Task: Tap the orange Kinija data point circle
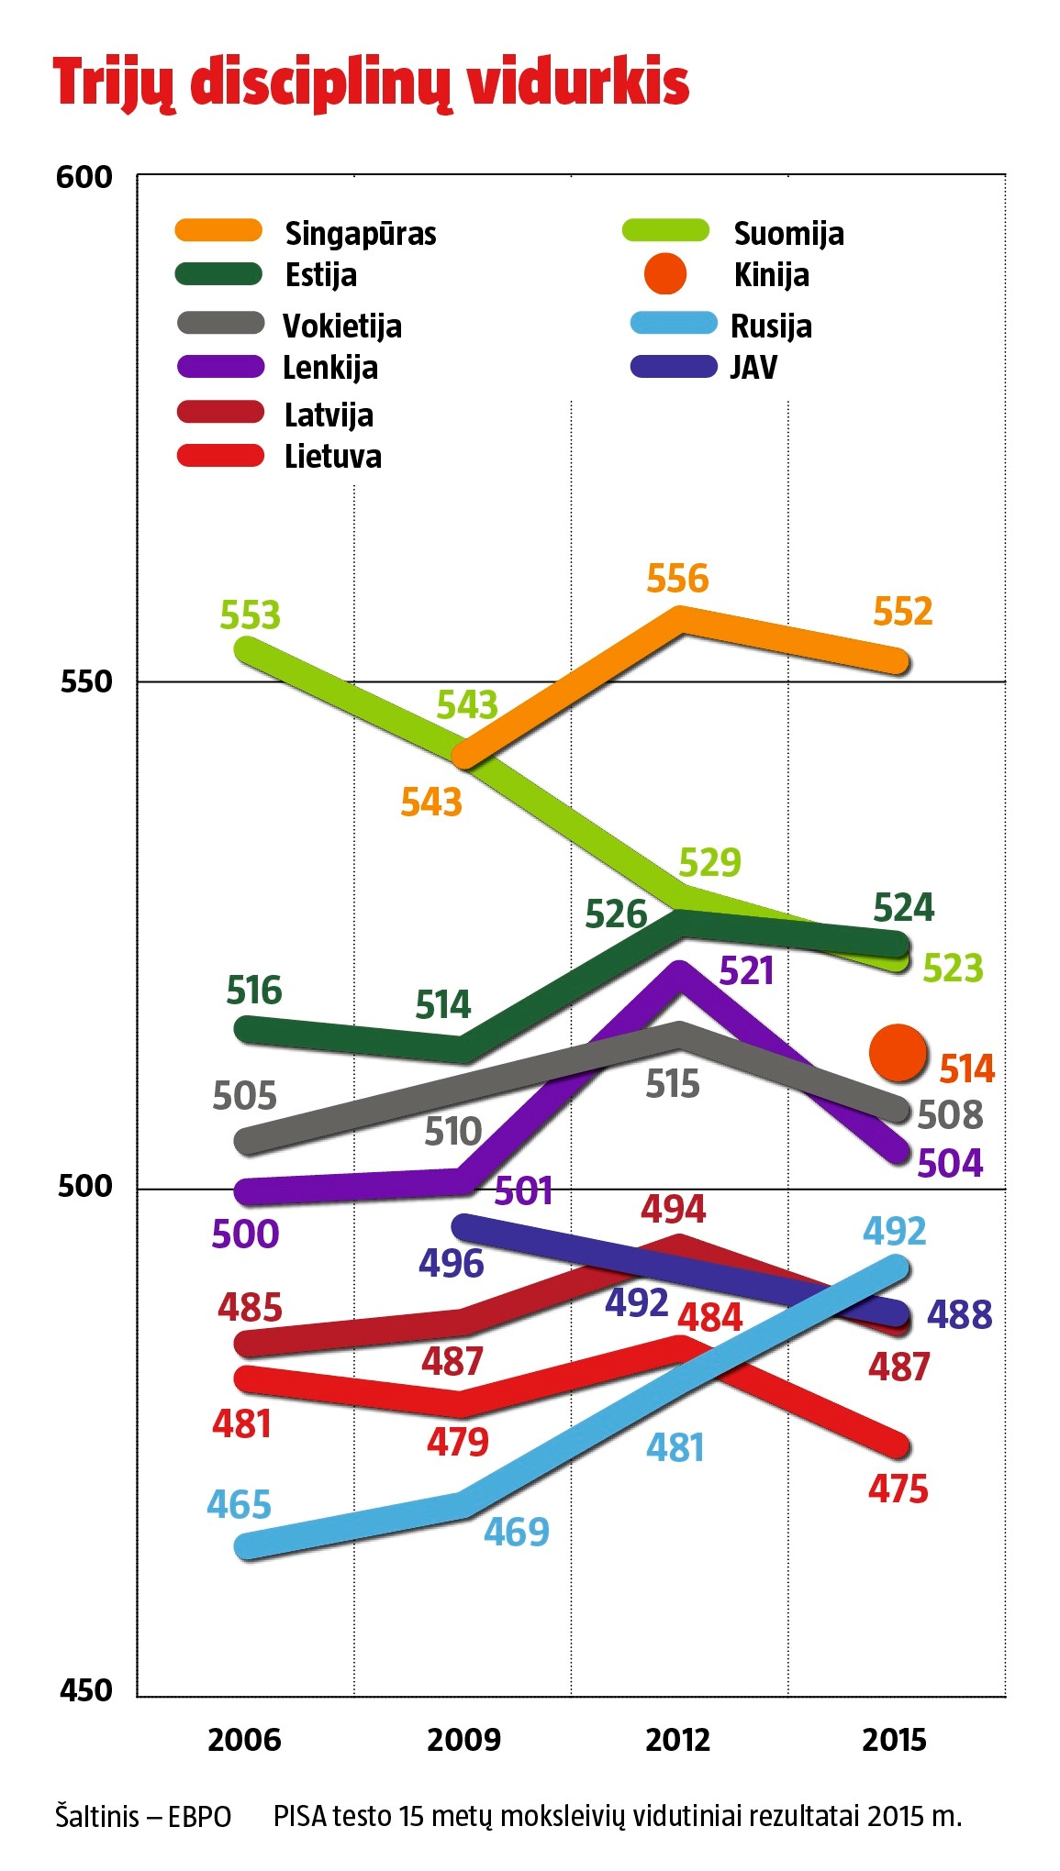[898, 1054]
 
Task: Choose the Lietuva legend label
[332, 457]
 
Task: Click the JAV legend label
[753, 368]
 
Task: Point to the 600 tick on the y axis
[84, 177]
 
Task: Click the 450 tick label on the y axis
[85, 1690]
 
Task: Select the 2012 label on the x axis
[677, 1740]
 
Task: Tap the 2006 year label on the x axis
[244, 1740]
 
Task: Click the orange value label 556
[677, 579]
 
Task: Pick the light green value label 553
[250, 615]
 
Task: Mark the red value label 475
[898, 1489]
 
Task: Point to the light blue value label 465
[240, 1505]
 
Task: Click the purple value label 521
[746, 971]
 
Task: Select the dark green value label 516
[254, 991]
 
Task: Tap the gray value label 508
[950, 1115]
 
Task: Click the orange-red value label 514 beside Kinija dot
[967, 1069]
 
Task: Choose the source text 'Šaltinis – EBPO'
[143, 1817]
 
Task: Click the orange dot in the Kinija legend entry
[665, 275]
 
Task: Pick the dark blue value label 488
[959, 1314]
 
